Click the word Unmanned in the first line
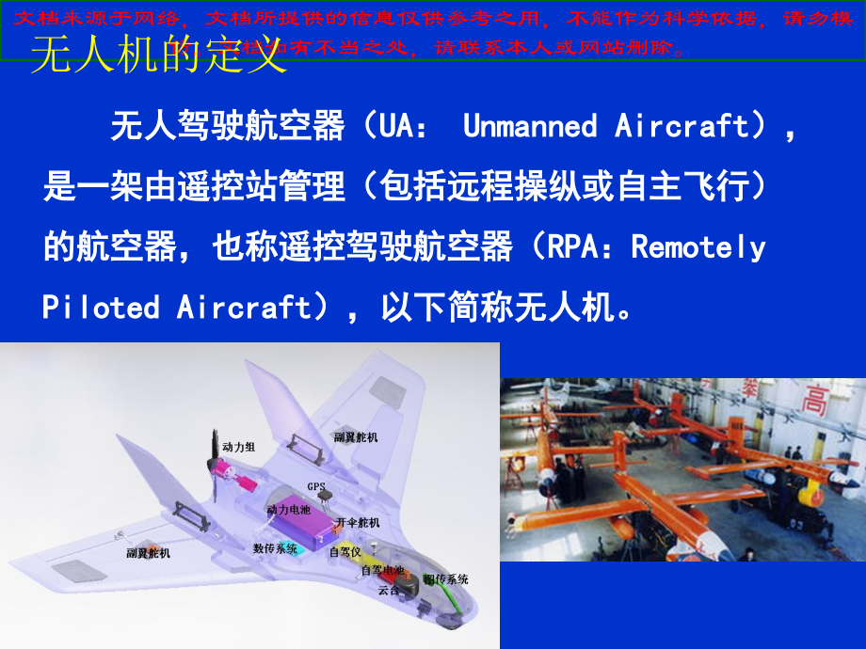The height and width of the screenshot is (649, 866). point(530,126)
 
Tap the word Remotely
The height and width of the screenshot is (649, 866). point(698,247)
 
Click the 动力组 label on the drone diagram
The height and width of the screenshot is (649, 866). point(238,446)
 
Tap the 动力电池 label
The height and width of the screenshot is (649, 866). point(288,509)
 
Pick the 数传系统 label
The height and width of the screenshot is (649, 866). point(275,547)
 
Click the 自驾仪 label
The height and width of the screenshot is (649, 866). point(344,552)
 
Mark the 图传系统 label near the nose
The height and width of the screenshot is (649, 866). point(445,579)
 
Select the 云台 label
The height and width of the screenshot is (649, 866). point(388,591)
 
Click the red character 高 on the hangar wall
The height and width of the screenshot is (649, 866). point(812,401)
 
